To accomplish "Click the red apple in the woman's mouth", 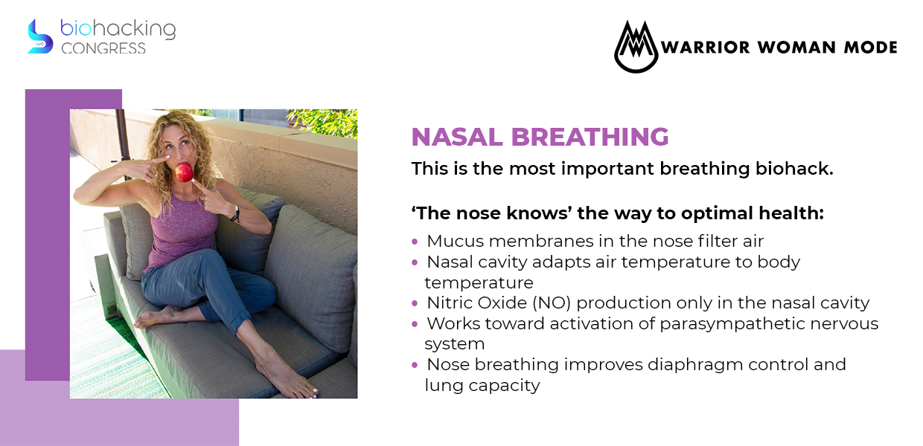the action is coord(184,172).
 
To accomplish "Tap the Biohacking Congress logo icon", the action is coord(40,36).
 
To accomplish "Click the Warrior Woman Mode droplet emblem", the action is coord(636,47).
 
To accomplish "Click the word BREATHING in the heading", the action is coord(590,137).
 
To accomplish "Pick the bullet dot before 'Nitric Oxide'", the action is coord(415,303).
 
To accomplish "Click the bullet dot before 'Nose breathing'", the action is coord(415,366).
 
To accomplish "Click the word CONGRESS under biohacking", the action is coord(103,48).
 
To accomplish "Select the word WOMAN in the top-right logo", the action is coord(796,48).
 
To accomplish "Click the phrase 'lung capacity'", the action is coord(482,386).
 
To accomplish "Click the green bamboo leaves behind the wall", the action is coord(325,122).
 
